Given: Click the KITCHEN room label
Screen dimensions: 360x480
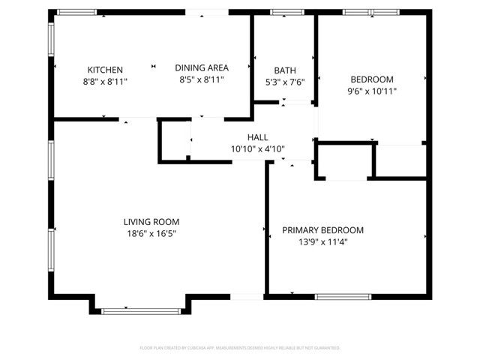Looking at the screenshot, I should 105,69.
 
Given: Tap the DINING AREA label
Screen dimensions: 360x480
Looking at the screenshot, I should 202,67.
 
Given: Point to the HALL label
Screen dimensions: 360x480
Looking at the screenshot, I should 258,137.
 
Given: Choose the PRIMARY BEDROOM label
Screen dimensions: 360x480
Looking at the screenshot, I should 322,230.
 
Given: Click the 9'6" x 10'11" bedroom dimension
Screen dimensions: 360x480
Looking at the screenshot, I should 373,91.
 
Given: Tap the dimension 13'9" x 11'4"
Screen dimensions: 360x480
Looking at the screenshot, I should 322,241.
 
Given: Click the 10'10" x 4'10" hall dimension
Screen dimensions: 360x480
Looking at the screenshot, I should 258,148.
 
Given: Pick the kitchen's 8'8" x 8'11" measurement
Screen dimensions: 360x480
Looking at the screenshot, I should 105,81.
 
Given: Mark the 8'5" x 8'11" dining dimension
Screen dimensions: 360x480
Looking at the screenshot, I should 202,79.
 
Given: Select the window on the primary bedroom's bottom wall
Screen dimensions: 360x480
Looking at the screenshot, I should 343,297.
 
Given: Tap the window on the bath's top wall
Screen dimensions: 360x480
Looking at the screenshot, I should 282,12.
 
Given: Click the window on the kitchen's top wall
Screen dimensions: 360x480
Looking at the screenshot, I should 77,12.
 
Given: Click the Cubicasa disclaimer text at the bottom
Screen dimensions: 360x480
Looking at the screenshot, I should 240,348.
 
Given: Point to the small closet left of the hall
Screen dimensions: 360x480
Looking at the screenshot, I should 175,140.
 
